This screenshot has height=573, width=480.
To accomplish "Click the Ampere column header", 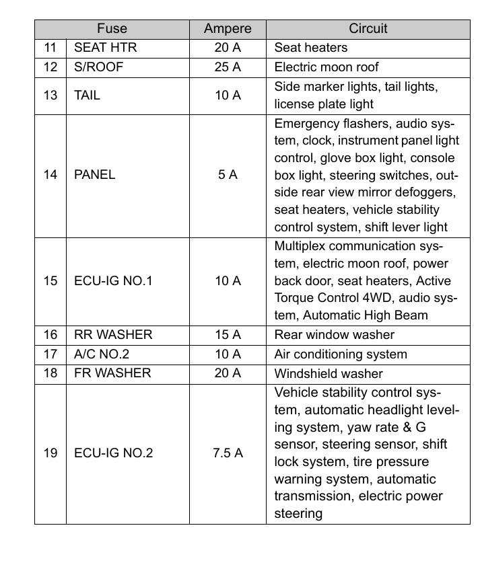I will pos(228,29).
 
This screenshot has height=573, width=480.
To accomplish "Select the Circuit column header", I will pos(368,29).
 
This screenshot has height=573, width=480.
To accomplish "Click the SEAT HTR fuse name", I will pos(105,48).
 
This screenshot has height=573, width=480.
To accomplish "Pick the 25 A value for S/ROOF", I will pos(228,67).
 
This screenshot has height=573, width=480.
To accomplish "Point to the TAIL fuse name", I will pos(87,95).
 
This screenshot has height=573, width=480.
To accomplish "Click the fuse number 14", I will pos(50,175).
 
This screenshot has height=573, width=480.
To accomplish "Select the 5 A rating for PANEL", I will pos(228,175).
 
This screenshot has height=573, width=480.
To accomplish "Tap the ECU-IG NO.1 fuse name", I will pos(113,280).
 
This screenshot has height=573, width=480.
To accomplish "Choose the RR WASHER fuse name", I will pos(113,334).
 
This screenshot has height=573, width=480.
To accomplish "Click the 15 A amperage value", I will pos(228,334).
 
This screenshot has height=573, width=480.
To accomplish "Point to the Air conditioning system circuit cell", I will pos(341,354).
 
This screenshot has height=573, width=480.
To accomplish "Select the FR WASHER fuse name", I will pos(112,373).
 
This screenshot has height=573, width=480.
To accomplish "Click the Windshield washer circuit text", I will pos(329,373).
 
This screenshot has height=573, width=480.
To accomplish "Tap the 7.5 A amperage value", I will pos(228,453).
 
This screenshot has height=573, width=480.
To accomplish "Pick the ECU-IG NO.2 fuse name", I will pos(113,453).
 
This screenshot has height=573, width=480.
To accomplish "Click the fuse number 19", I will pos(50,453).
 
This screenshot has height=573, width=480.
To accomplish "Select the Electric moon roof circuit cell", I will pos(327,67).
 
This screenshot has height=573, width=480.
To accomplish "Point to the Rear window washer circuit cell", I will pos(335,334).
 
